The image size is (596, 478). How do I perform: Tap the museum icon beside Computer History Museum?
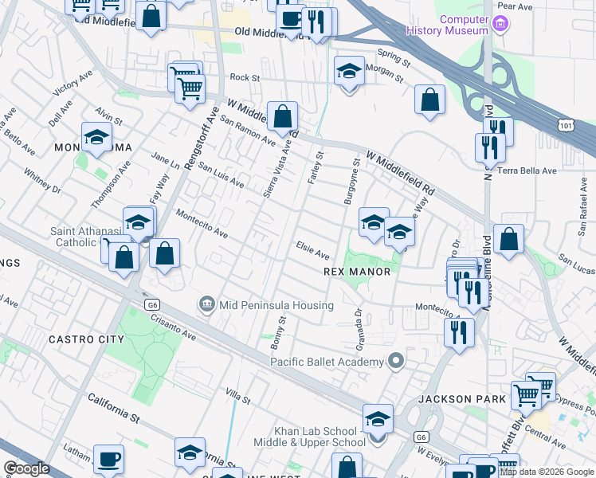(x=500, y=24)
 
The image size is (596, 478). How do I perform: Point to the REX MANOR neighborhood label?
(x=357, y=272)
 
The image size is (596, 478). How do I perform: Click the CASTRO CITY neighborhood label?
(x=86, y=339)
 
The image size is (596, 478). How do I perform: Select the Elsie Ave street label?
(x=312, y=250)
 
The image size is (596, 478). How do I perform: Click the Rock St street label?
(x=245, y=78)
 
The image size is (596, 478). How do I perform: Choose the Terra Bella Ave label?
(x=527, y=170)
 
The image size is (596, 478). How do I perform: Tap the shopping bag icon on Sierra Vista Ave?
(x=282, y=116)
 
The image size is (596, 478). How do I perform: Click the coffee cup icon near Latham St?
(x=108, y=459)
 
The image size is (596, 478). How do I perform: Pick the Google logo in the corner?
(x=26, y=468)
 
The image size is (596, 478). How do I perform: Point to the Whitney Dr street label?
(x=42, y=181)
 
